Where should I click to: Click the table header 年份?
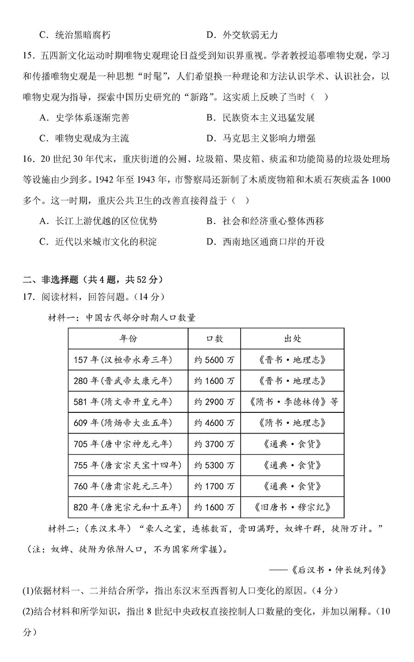[128, 339]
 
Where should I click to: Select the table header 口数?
[214, 339]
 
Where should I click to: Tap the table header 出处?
[292, 339]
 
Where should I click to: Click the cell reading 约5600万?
[214, 360]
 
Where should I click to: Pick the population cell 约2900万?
[214, 402]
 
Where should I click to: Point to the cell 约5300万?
[214, 466]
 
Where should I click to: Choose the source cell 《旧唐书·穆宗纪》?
[292, 508]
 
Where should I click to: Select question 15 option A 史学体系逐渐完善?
[85, 118]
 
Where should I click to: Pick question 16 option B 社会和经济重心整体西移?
[265, 221]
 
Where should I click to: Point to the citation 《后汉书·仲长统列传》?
[339, 571]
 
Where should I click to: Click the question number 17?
[29, 297]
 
